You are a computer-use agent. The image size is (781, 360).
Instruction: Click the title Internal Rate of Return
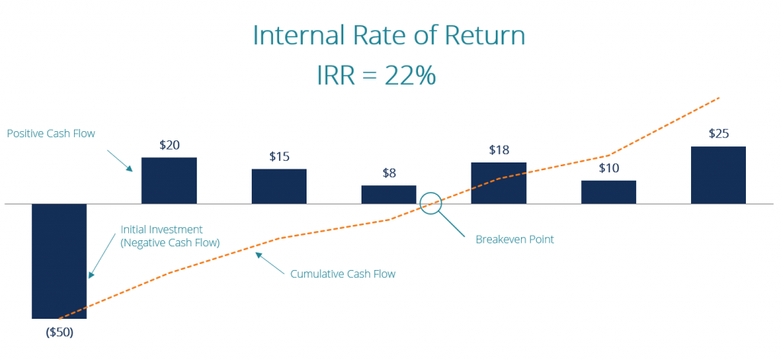click(389, 37)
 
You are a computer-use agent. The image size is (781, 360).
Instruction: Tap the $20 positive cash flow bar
click(169, 180)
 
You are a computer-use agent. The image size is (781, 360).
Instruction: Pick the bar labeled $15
click(279, 186)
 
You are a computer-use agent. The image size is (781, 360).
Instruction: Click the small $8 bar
click(389, 194)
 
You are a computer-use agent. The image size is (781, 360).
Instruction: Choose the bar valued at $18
click(499, 183)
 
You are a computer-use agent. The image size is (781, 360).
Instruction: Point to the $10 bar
click(609, 192)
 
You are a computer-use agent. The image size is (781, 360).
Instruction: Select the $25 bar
click(718, 175)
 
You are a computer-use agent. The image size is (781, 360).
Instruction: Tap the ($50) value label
click(59, 333)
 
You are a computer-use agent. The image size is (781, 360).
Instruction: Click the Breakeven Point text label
click(515, 239)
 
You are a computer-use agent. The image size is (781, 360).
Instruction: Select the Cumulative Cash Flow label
click(343, 273)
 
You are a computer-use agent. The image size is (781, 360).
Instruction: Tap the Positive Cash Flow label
click(50, 133)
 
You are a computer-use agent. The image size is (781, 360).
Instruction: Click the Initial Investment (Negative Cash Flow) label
click(170, 236)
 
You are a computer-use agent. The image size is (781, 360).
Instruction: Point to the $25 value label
click(718, 133)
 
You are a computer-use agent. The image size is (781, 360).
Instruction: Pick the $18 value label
click(499, 149)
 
